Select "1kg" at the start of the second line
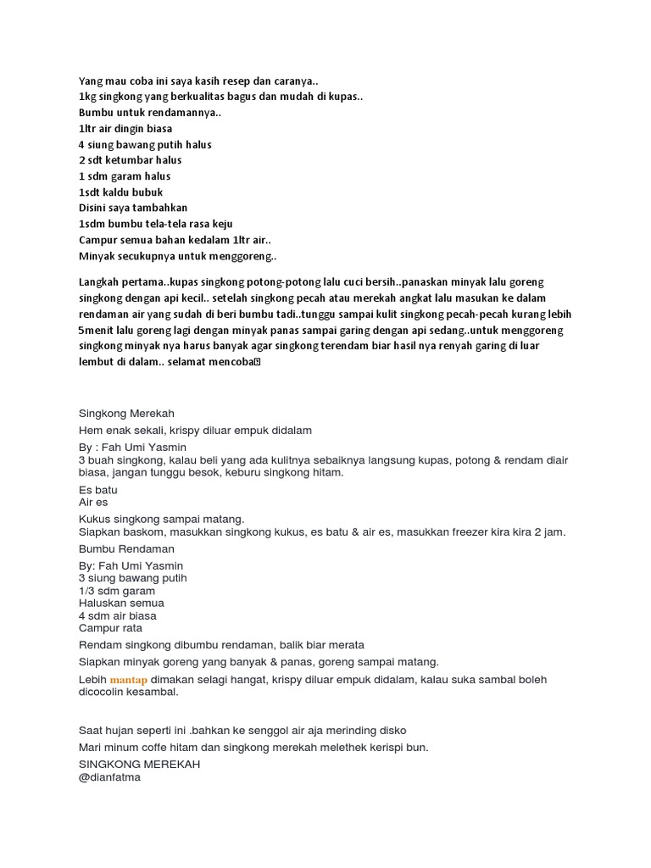pyautogui.click(x=87, y=97)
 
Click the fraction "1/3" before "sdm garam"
pyautogui.click(x=87, y=590)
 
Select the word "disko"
pyautogui.click(x=392, y=730)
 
